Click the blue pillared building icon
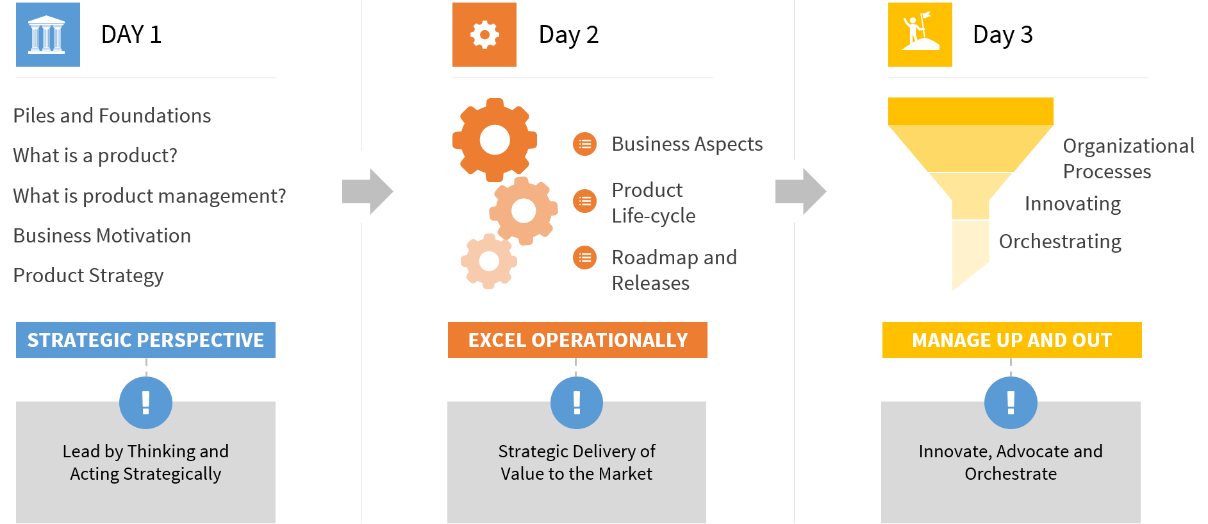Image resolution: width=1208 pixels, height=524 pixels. pyautogui.click(x=48, y=35)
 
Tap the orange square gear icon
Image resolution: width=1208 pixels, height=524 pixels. pyautogui.click(x=484, y=35)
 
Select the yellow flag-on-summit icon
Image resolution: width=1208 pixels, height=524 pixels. pyautogui.click(x=920, y=35)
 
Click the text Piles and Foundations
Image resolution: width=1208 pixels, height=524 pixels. pyautogui.click(x=112, y=115)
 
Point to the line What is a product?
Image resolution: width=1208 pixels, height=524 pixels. pyautogui.click(x=95, y=155)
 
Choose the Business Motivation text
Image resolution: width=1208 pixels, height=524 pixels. pyautogui.click(x=102, y=235)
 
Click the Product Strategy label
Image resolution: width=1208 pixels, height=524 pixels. pyautogui.click(x=88, y=275)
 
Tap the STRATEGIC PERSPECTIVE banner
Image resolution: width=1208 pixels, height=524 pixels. pyautogui.click(x=145, y=340)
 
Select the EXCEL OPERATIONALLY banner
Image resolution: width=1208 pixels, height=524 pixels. pyautogui.click(x=577, y=340)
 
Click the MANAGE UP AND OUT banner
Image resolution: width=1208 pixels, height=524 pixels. pyautogui.click(x=1012, y=340)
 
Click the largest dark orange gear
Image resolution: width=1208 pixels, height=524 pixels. pyautogui.click(x=495, y=140)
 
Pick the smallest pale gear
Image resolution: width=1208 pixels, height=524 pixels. pyautogui.click(x=489, y=261)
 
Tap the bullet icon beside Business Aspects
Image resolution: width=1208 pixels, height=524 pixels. pyautogui.click(x=584, y=144)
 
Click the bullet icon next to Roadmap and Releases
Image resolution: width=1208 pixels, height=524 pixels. pyautogui.click(x=584, y=258)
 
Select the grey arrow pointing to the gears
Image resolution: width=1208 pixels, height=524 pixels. pyautogui.click(x=368, y=191)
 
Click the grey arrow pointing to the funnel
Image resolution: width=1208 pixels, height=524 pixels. pyautogui.click(x=801, y=191)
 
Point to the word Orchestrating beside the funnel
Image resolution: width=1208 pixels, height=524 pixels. pyautogui.click(x=1060, y=241)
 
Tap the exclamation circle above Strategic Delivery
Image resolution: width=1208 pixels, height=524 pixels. pyautogui.click(x=577, y=403)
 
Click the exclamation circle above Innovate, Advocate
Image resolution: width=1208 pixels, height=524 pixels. pyautogui.click(x=1011, y=403)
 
